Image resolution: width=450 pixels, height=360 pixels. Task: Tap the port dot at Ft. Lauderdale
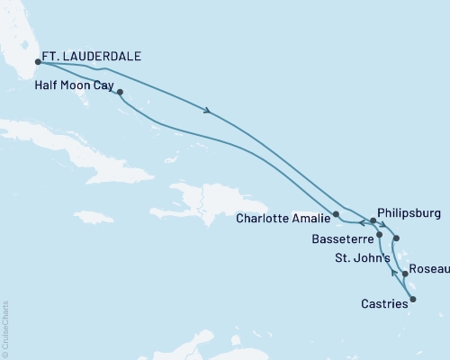tap(37, 62)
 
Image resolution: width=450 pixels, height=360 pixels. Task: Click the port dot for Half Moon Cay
tap(120, 92)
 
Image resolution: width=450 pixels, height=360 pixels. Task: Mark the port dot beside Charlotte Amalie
tap(336, 214)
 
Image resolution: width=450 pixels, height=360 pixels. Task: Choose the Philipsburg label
tap(409, 215)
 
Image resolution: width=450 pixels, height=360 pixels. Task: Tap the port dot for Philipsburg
tap(373, 220)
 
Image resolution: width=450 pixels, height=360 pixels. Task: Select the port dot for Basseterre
tap(380, 235)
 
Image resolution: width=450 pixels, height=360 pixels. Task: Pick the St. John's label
tap(362, 258)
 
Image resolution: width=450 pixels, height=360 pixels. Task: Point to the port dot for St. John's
tap(397, 239)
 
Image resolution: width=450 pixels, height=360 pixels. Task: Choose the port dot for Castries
tap(413, 289)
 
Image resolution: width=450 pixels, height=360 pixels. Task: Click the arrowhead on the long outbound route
tap(209, 112)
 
